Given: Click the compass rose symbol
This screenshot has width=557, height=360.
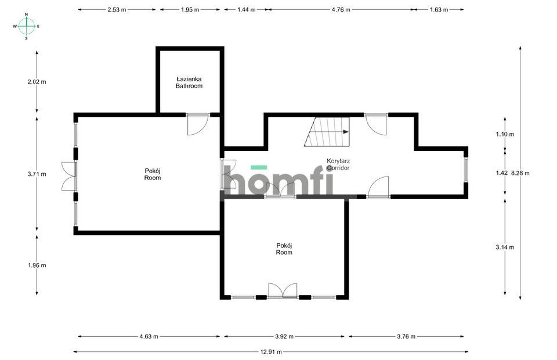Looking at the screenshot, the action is click(x=26, y=26).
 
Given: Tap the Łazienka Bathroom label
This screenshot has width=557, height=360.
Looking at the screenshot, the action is click(x=189, y=82).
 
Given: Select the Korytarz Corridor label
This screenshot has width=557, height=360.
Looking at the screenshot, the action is click(x=338, y=164).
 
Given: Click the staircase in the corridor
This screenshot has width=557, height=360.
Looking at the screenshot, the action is click(x=327, y=132).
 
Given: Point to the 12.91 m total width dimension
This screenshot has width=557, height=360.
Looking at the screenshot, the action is click(x=271, y=352).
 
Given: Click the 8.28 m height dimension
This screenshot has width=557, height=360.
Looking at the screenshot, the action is click(x=520, y=173).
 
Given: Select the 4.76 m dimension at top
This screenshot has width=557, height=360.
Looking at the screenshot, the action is click(x=341, y=10).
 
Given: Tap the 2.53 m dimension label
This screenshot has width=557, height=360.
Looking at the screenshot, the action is click(x=117, y=10).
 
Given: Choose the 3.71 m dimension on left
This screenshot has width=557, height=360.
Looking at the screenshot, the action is click(x=37, y=174).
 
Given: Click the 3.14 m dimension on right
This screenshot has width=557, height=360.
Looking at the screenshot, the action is click(x=505, y=247).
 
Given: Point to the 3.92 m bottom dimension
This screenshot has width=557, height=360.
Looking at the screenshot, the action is click(x=284, y=336).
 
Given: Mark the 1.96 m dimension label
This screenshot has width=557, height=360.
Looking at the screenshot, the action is click(x=37, y=265).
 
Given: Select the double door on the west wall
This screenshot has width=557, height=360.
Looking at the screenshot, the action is click(x=69, y=177).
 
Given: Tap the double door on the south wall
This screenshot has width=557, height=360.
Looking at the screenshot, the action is click(x=283, y=290).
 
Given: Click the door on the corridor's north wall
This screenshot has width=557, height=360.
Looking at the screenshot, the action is click(x=376, y=124).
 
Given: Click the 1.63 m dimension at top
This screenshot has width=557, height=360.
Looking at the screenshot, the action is click(x=439, y=10).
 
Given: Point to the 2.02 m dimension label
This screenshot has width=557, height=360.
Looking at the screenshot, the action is click(x=37, y=82).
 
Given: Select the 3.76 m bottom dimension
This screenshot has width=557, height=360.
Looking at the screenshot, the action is click(x=406, y=336).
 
